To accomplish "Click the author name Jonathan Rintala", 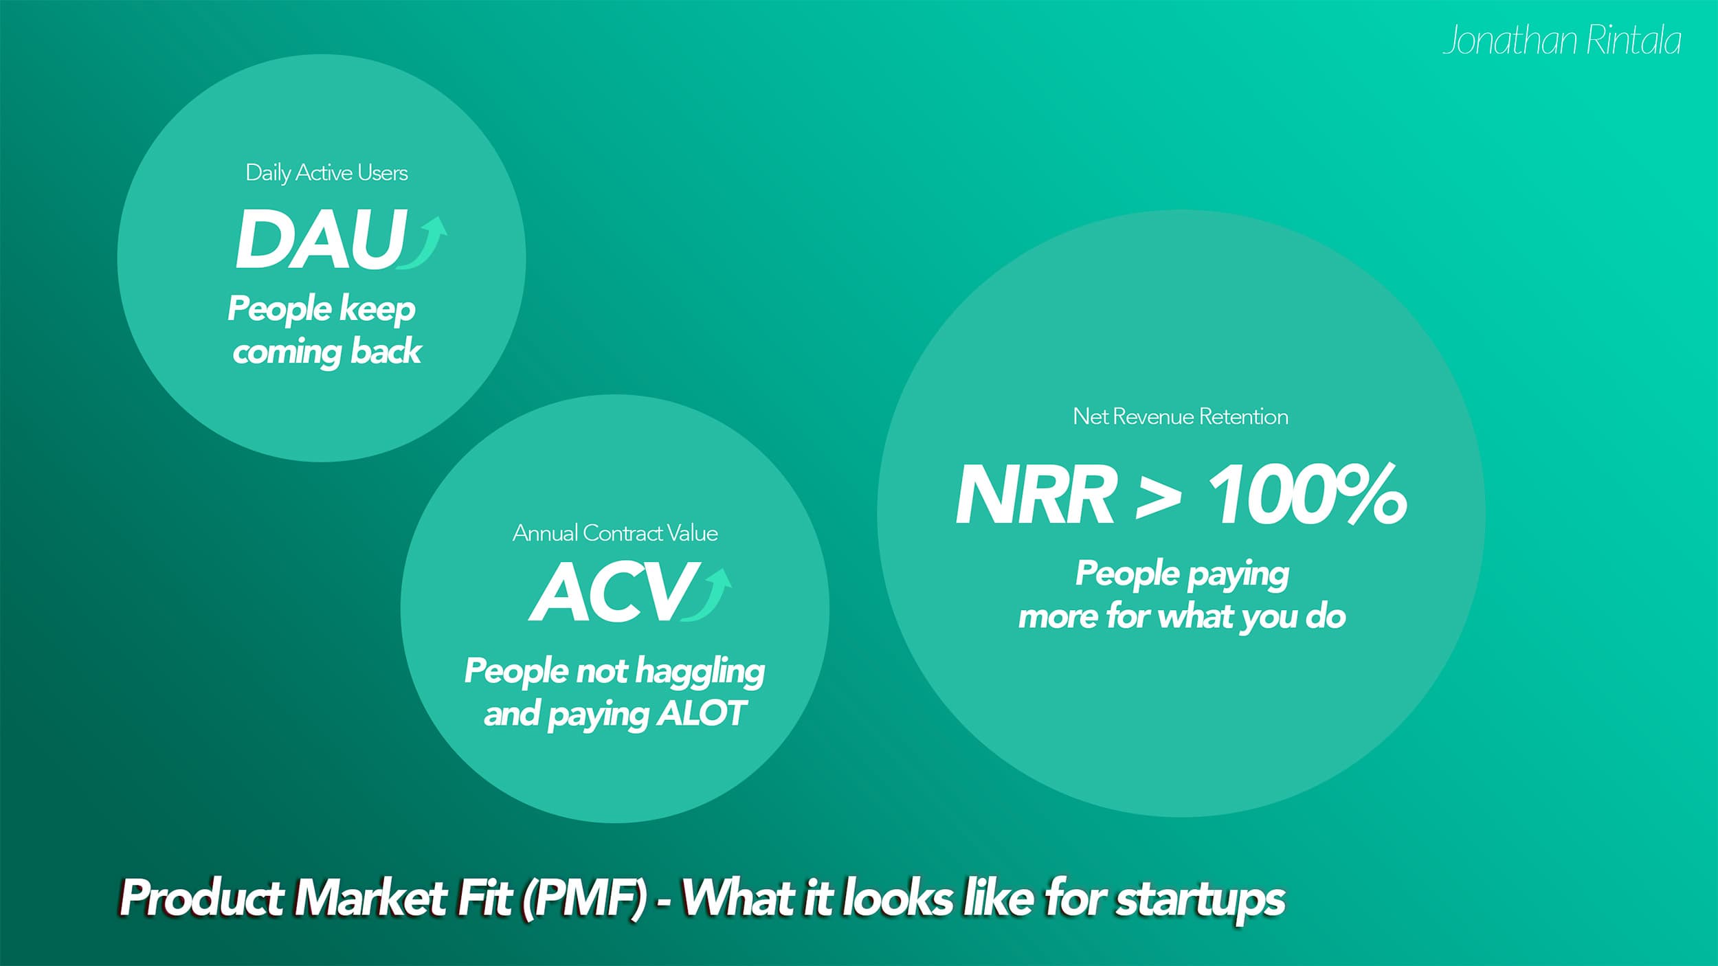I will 1561,41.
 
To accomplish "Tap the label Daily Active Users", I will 326,172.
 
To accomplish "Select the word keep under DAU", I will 377,309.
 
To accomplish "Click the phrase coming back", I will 326,352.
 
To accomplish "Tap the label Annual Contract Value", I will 615,533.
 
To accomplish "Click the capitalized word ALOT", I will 700,714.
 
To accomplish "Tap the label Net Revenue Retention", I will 1180,416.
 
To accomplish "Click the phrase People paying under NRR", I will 1182,574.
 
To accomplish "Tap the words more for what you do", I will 1181,616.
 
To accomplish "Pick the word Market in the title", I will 370,899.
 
